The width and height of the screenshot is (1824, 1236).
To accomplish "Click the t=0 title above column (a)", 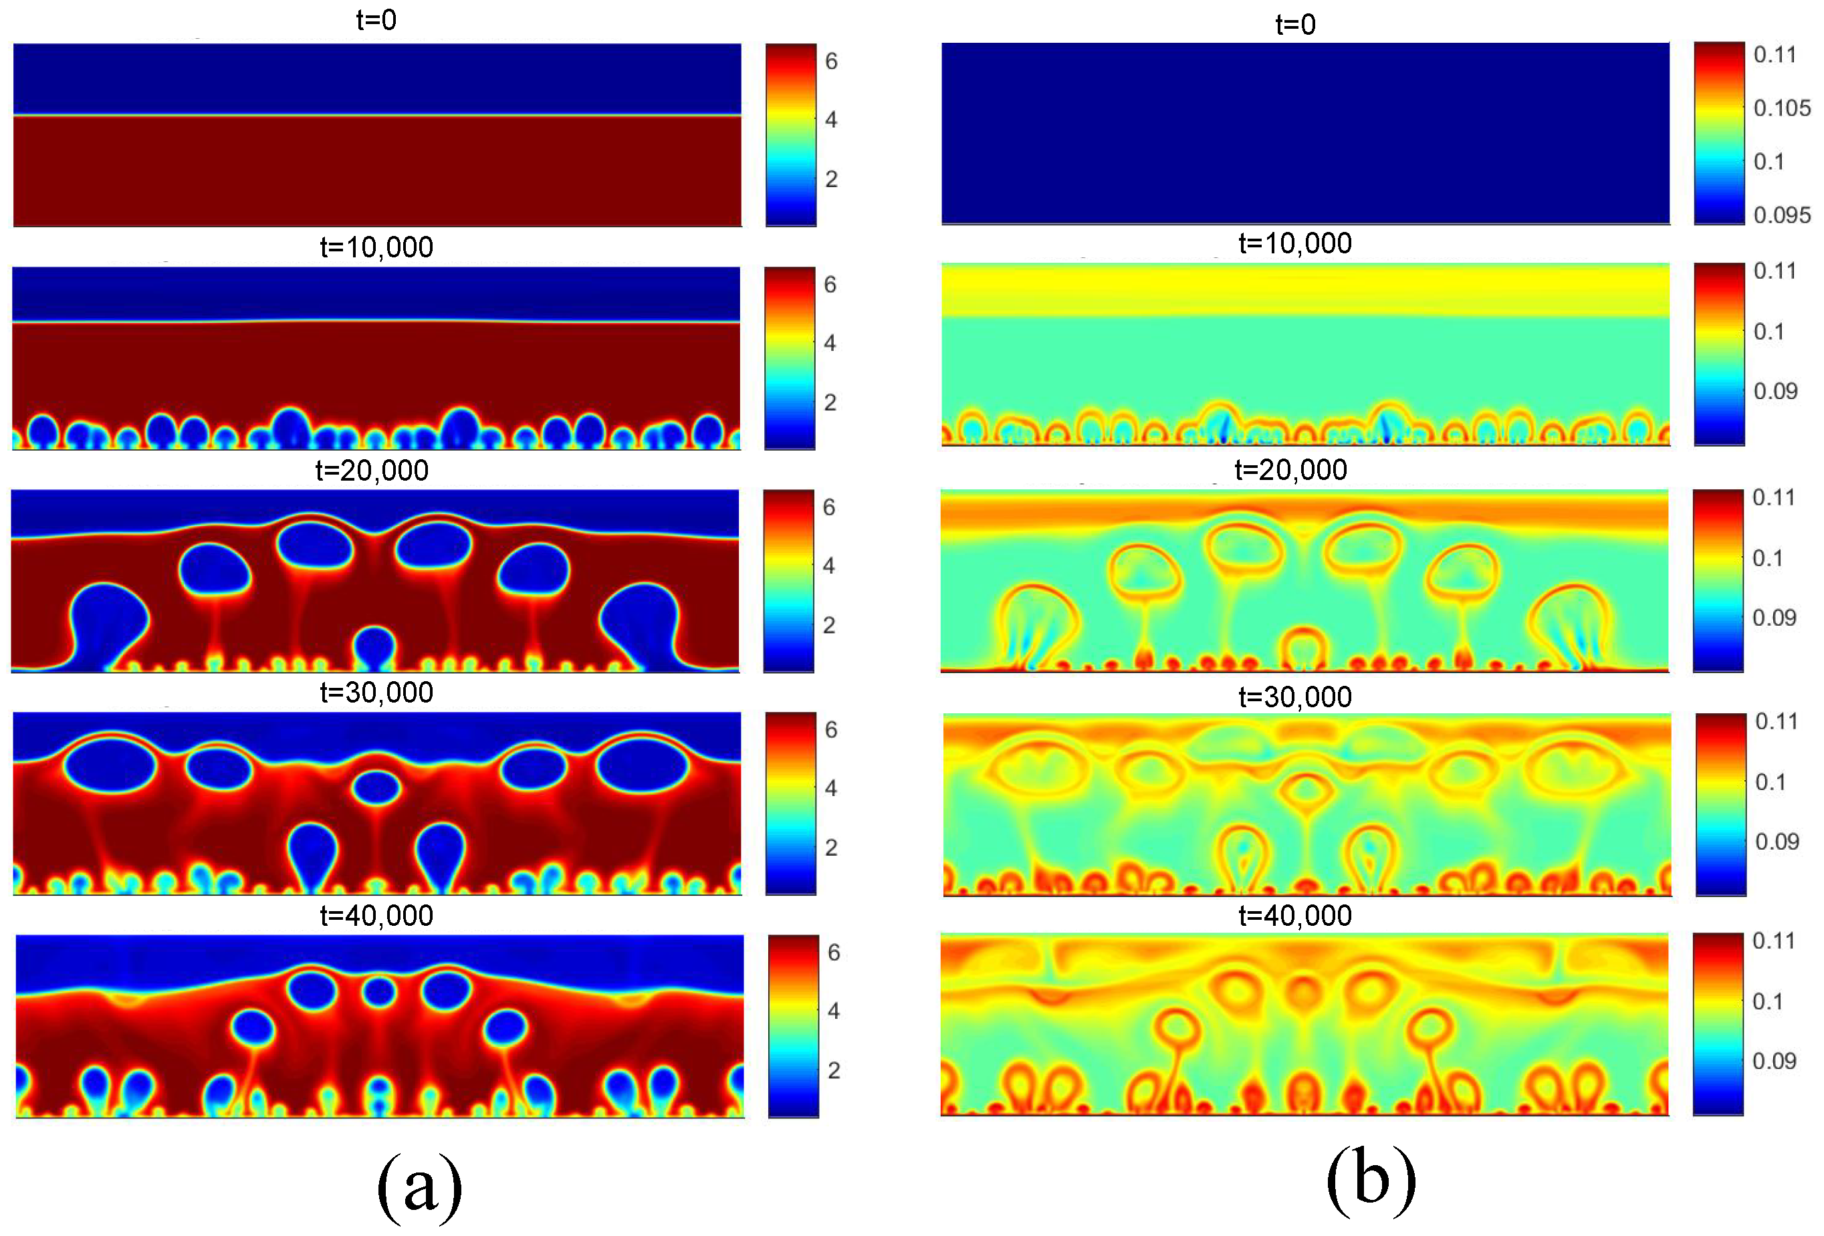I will [376, 19].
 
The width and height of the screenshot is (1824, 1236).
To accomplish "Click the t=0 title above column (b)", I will [1295, 24].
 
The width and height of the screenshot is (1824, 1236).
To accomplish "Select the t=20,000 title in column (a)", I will [371, 470].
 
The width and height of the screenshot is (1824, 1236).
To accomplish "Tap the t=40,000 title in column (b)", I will [1295, 915].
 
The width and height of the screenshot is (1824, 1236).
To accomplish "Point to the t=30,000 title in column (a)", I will [376, 692].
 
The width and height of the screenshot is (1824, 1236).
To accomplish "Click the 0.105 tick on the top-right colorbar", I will [1782, 108].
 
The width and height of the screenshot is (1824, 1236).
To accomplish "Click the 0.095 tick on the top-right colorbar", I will [1782, 214].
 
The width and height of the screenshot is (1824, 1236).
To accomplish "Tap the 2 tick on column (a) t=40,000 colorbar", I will [834, 1070].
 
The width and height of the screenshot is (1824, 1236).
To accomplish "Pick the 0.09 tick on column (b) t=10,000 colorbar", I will [1775, 391].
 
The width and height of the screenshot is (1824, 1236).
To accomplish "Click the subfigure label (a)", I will [419, 1186].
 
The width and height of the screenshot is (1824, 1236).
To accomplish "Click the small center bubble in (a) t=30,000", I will [376, 788].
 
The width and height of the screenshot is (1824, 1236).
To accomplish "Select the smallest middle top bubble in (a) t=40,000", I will [379, 993].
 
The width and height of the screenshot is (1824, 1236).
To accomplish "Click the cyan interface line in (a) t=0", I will [376, 116].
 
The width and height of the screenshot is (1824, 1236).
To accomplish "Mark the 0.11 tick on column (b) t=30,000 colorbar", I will [1776, 721].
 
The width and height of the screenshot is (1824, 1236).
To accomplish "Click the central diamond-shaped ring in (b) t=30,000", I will [1305, 790].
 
